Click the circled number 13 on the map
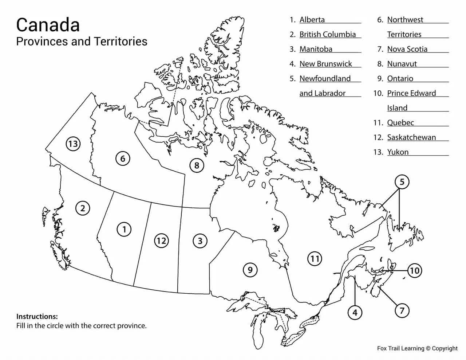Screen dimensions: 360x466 coord(73,144)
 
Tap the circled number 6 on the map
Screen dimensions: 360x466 coord(123,159)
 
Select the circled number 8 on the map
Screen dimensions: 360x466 coord(197,166)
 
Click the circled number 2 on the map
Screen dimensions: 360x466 coord(83,208)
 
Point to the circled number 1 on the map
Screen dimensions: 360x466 coord(124,230)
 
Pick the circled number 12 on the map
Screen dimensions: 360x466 coord(161,240)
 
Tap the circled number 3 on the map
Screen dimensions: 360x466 coord(200,241)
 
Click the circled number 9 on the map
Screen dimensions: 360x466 coord(250,270)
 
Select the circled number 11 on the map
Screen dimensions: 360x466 coord(315,259)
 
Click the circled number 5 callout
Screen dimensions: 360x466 coord(402,182)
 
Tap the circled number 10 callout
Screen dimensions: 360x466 coord(414,271)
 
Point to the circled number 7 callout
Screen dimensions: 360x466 coord(402,311)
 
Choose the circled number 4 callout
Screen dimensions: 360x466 coord(355,312)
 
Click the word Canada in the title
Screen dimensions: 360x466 coord(48,25)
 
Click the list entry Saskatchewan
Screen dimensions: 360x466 coord(411,137)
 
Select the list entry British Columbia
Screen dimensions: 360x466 coord(327,34)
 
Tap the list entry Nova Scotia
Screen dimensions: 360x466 coord(407,49)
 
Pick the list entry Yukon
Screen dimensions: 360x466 coord(398,152)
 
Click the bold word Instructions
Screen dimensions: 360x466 coord(37,316)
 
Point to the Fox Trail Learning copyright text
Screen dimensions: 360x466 coord(417,348)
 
